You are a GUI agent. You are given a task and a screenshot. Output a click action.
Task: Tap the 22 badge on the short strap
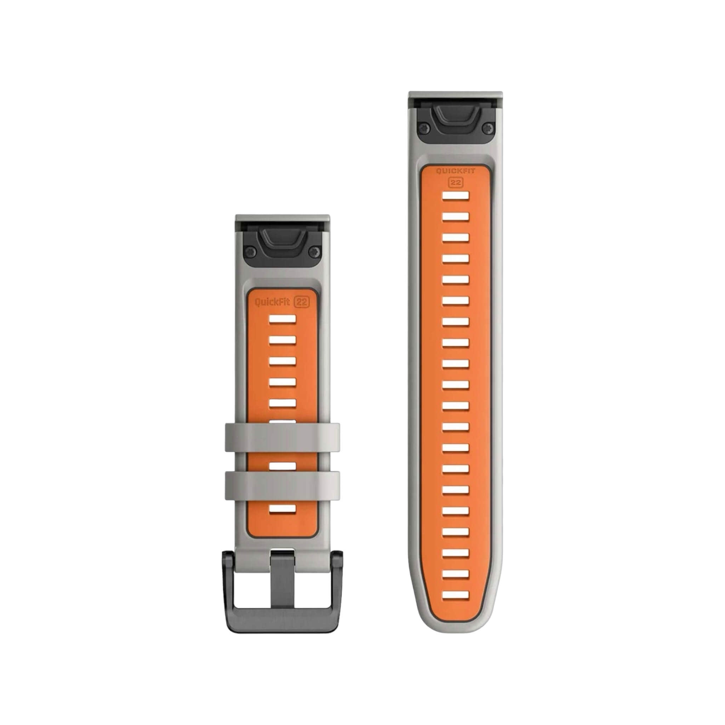302,302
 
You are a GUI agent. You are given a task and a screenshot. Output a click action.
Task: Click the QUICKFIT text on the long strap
455,171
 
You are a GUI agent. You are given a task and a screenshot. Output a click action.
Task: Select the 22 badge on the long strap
456,182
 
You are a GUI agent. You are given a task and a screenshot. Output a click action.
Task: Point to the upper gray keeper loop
282,437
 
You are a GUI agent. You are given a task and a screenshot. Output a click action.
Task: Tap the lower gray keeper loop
282,486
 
